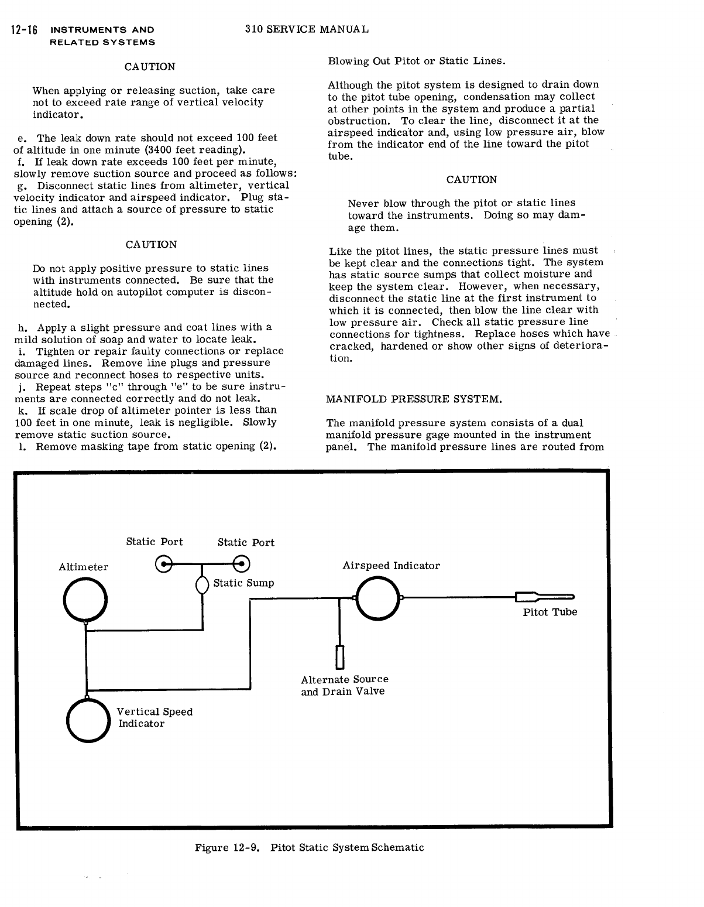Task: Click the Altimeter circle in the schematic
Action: click(x=85, y=600)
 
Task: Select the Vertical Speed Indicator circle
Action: click(x=88, y=721)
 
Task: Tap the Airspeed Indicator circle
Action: click(x=377, y=598)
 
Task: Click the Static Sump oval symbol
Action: click(x=202, y=585)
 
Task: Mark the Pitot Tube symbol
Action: click(x=544, y=597)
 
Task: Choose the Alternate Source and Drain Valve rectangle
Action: click(x=339, y=657)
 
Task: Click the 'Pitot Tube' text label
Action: click(x=550, y=612)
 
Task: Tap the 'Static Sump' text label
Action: click(x=243, y=583)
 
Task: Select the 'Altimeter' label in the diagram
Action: click(x=83, y=567)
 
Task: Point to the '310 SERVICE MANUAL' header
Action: click(x=307, y=29)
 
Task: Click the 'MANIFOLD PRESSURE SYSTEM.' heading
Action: click(x=414, y=399)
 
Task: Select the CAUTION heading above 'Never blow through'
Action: click(x=471, y=180)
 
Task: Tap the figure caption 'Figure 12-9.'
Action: click(x=227, y=847)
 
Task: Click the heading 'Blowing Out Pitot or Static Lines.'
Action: click(x=417, y=61)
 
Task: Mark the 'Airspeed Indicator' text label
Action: click(x=391, y=566)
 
